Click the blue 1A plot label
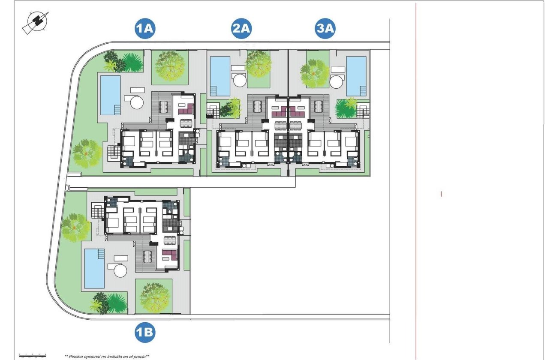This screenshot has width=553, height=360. tap(144, 29)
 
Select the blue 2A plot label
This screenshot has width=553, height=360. tap(241, 29)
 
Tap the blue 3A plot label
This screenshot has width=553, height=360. tap(325, 29)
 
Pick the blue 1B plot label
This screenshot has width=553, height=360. tap(144, 332)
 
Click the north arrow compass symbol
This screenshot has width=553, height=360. tap(35, 22)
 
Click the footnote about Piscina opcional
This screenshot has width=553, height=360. tap(107, 356)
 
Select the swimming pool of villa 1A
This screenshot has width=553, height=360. tap(110, 95)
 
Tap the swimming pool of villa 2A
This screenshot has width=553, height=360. tap(220, 76)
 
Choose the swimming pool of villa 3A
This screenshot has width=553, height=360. tap(356, 76)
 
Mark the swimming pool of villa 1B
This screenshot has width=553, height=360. tap(94, 268)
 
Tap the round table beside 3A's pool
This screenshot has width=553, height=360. tap(337, 80)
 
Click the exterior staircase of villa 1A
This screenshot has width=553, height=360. tap(113, 152)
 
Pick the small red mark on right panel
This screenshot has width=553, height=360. tap(441, 194)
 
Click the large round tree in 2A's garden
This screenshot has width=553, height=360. tap(258, 64)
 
